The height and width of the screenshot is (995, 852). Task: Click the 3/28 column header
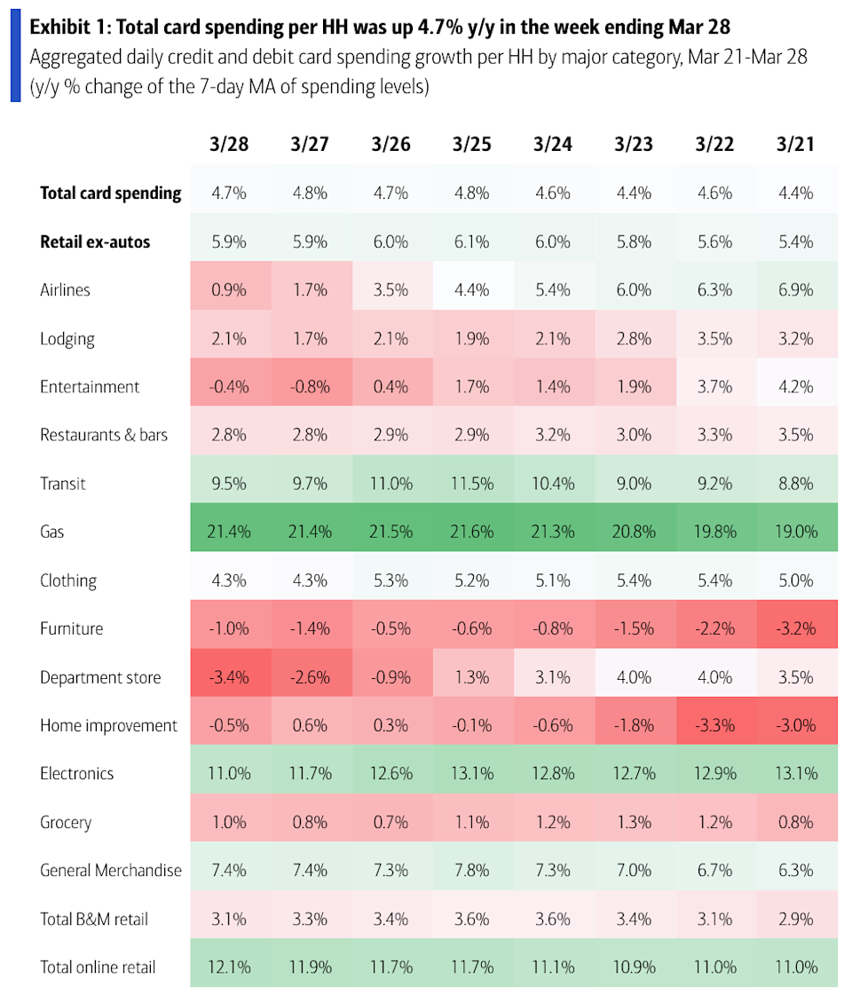(x=230, y=144)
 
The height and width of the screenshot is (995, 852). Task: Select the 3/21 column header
(x=797, y=144)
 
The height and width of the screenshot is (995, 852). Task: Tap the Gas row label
(x=52, y=533)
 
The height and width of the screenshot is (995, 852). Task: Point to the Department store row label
(x=100, y=678)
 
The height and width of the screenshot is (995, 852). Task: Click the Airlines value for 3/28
(x=230, y=290)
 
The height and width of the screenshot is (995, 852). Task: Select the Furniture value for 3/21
(x=797, y=629)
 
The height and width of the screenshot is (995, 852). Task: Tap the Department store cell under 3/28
(x=230, y=678)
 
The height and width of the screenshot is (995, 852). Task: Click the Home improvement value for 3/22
(x=715, y=726)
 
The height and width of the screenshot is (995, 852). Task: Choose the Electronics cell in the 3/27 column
(x=311, y=774)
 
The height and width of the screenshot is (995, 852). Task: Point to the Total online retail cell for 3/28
(x=230, y=967)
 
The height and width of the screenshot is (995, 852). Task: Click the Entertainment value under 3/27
(x=311, y=387)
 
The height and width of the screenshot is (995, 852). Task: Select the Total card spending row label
(x=111, y=193)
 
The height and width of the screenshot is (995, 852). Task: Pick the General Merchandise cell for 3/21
(x=797, y=871)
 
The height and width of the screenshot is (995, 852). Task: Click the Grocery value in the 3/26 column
(x=391, y=823)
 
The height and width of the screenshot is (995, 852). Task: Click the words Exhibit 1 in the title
(x=67, y=28)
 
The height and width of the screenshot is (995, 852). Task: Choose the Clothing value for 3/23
(x=635, y=580)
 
